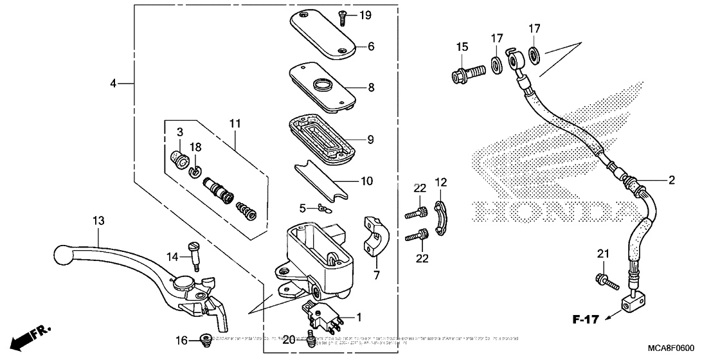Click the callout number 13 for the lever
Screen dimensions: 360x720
98,221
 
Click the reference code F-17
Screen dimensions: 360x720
586,318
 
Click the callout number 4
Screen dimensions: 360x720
113,84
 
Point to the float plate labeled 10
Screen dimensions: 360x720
323,180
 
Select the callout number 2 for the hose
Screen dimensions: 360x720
671,181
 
